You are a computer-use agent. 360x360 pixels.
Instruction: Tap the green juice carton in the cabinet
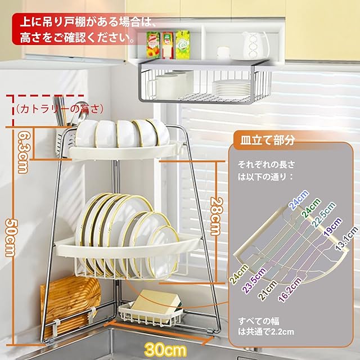[x=182, y=44]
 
